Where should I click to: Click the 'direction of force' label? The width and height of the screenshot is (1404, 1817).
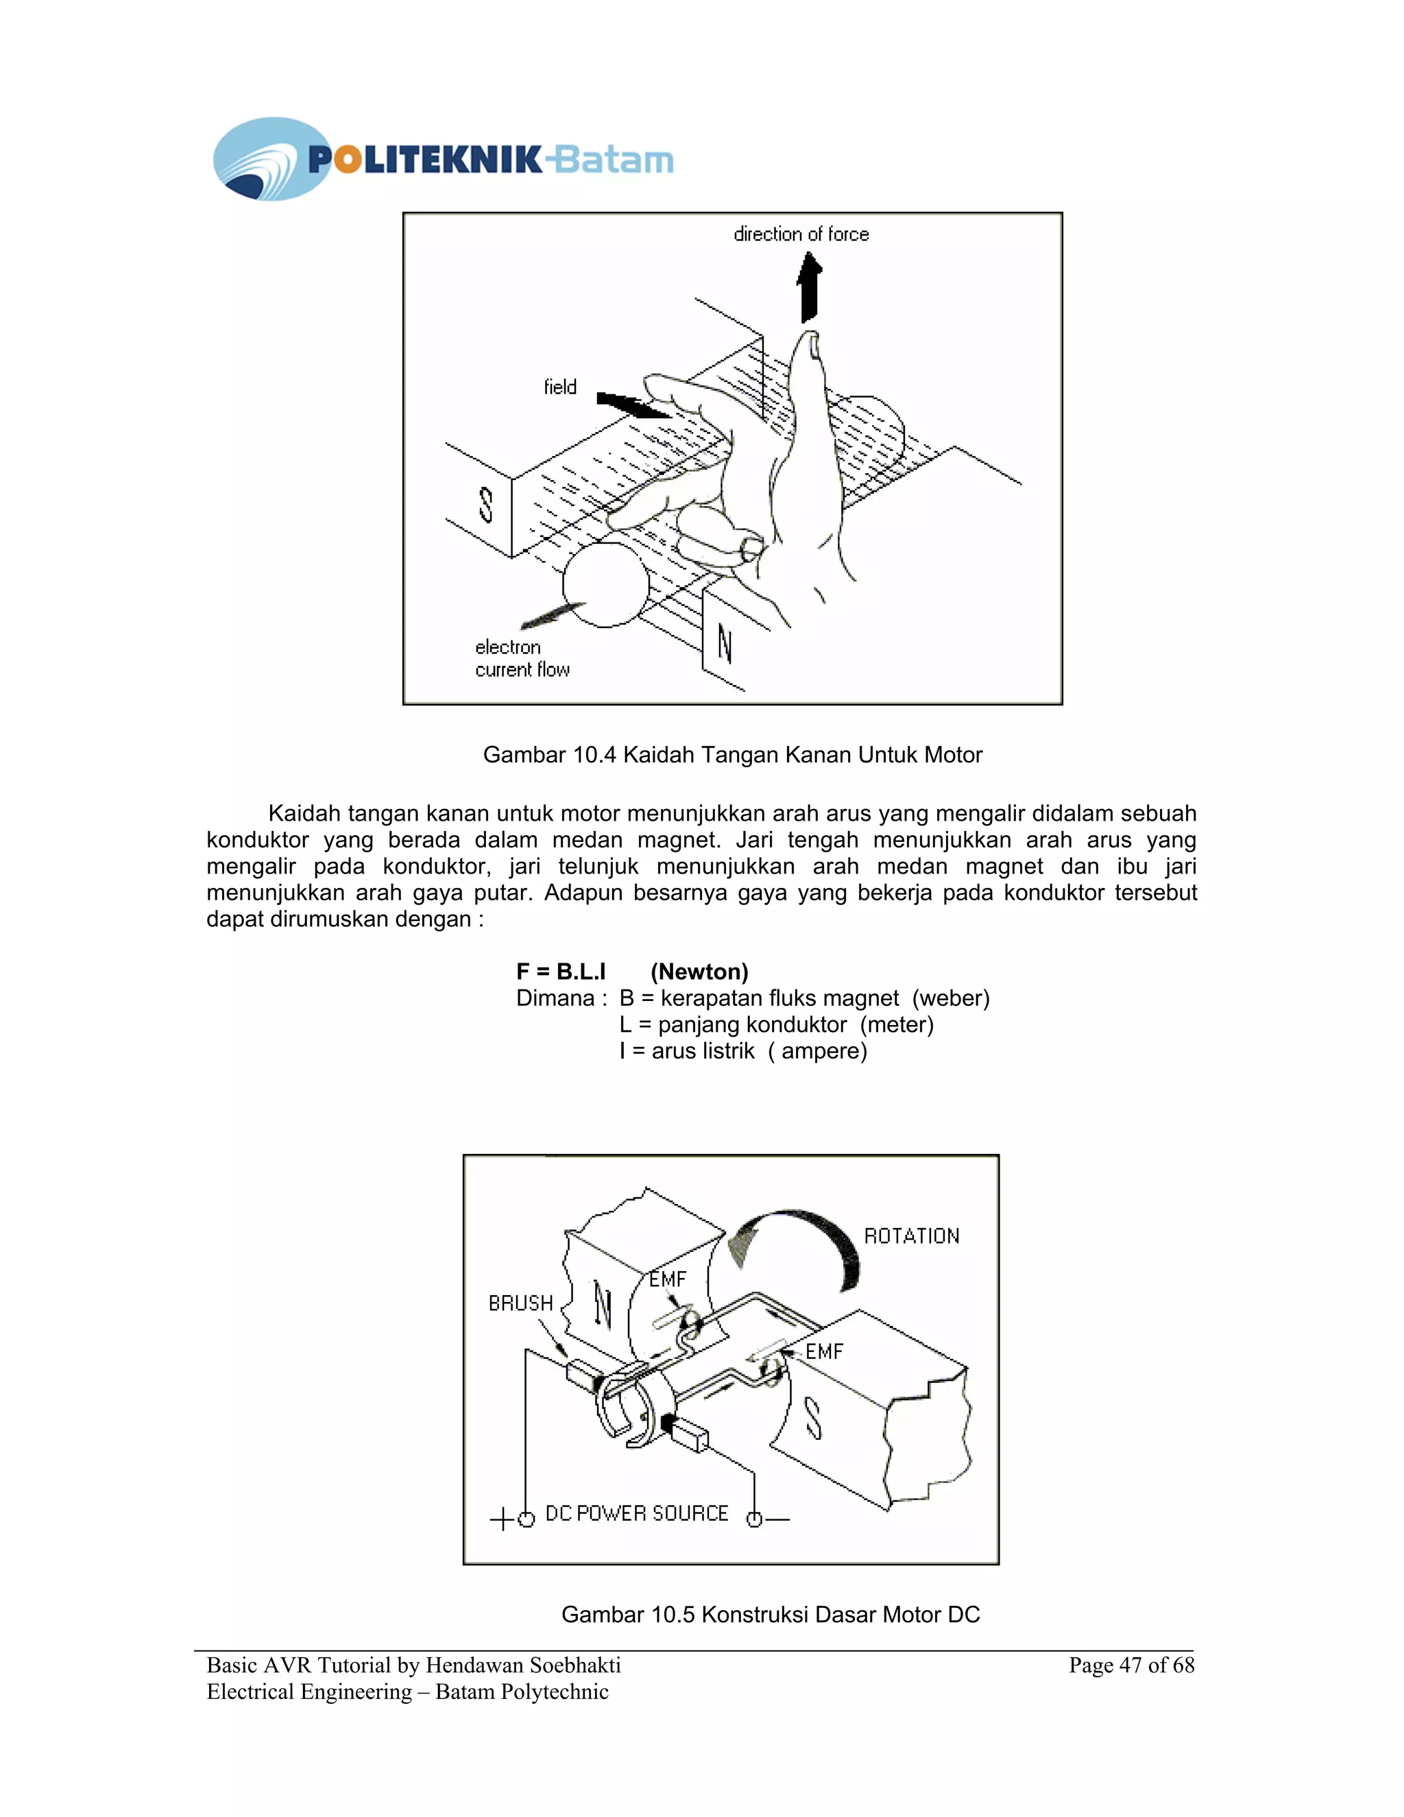pyautogui.click(x=800, y=234)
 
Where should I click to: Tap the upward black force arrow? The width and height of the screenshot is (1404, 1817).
pyautogui.click(x=810, y=288)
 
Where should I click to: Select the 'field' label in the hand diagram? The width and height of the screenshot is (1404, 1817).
pyautogui.click(x=560, y=387)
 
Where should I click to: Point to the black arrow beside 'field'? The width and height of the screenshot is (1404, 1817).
pyautogui.click(x=632, y=405)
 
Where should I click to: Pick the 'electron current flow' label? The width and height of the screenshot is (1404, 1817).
pyautogui.click(x=522, y=658)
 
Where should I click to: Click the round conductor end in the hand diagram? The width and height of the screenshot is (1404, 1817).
pyautogui.click(x=605, y=585)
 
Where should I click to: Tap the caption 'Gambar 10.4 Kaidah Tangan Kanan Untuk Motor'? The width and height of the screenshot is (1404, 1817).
pyautogui.click(x=732, y=755)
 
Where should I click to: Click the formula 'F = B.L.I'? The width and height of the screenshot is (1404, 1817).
pyautogui.click(x=561, y=972)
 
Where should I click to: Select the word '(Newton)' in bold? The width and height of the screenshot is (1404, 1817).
pyautogui.click(x=699, y=972)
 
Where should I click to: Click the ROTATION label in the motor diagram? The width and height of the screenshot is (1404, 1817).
pyautogui.click(x=912, y=1236)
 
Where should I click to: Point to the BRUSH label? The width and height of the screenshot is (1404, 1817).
pyautogui.click(x=521, y=1303)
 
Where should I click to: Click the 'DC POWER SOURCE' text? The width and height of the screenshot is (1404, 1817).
pyautogui.click(x=636, y=1513)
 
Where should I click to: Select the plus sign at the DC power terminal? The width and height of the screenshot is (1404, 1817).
pyautogui.click(x=502, y=1519)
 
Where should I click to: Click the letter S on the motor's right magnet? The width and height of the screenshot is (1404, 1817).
pyautogui.click(x=814, y=1418)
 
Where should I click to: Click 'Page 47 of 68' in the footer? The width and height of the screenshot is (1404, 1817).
pyautogui.click(x=1130, y=1665)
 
